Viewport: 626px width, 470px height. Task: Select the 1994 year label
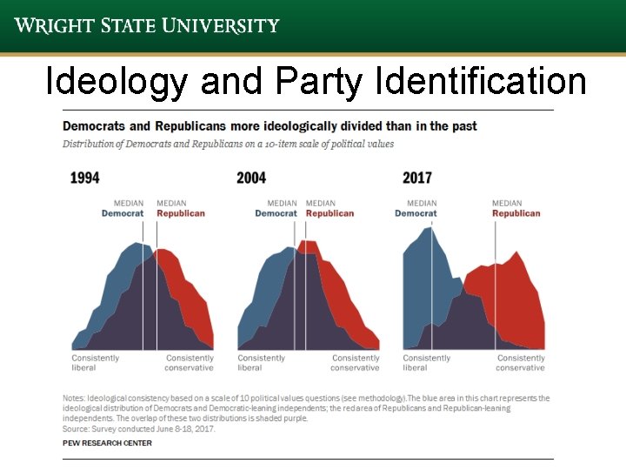pyautogui.click(x=84, y=178)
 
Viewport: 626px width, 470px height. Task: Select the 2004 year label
pyautogui.click(x=250, y=178)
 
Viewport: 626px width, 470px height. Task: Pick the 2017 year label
pyautogui.click(x=416, y=178)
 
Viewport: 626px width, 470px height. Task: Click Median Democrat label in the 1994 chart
pyautogui.click(x=123, y=209)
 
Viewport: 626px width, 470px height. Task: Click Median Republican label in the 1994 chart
pyautogui.click(x=180, y=209)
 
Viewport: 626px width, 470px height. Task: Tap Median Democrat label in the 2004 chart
pyautogui.click(x=276, y=209)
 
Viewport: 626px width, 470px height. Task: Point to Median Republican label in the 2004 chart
pyautogui.click(x=330, y=209)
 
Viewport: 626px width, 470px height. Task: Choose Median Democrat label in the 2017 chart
pyautogui.click(x=416, y=209)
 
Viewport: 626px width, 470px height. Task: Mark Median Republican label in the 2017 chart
pyautogui.click(x=516, y=209)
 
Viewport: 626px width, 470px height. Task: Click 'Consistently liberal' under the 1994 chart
pyautogui.click(x=95, y=363)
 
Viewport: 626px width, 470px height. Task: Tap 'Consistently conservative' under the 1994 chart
pyautogui.click(x=190, y=363)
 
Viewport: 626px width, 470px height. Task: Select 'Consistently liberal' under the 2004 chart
pyautogui.click(x=261, y=363)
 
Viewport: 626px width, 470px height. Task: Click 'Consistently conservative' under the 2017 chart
pyautogui.click(x=521, y=363)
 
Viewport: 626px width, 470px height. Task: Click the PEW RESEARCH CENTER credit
pyautogui.click(x=107, y=443)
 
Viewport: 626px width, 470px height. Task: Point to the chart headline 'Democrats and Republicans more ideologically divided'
pyautogui.click(x=270, y=126)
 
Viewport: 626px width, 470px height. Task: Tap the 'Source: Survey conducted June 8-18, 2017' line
pyautogui.click(x=138, y=428)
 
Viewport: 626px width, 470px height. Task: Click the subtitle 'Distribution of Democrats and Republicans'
pyautogui.click(x=228, y=144)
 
